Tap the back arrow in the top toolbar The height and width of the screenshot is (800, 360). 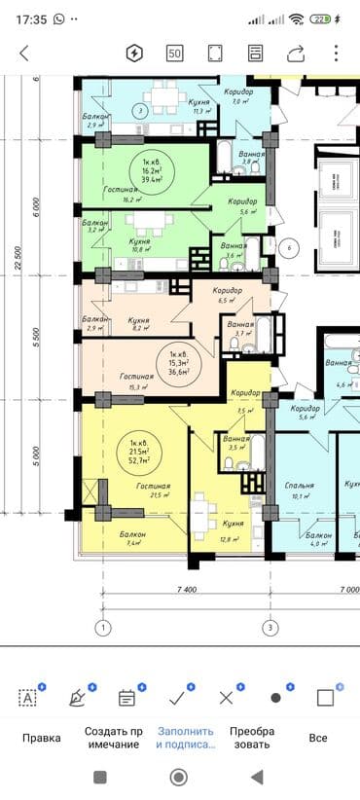click(24, 53)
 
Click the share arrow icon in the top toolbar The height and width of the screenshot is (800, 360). click(295, 53)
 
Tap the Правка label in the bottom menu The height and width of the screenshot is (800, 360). click(41, 738)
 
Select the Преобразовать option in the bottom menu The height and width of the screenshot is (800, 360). click(252, 738)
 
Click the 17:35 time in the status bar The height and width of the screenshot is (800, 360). click(31, 18)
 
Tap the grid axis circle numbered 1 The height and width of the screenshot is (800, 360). click(103, 627)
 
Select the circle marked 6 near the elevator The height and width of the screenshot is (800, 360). click(289, 248)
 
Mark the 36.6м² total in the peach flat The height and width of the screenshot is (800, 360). click(177, 371)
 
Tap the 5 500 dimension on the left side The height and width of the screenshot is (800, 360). click(36, 340)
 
